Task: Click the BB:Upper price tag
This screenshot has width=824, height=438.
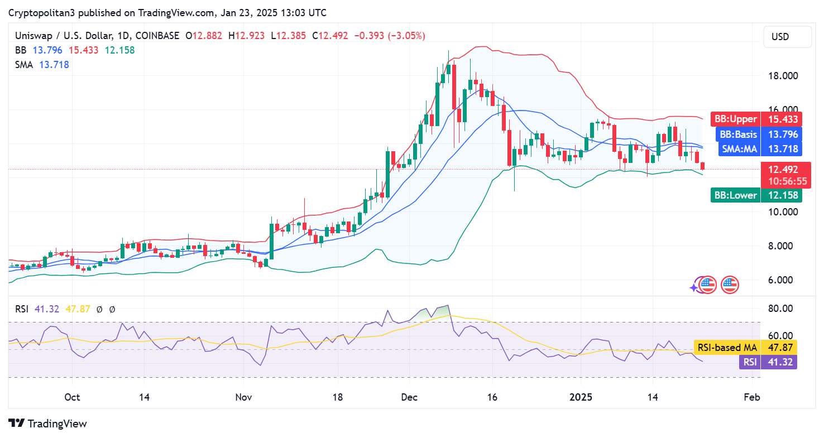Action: [x=756, y=119]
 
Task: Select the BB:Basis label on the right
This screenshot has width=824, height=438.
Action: [x=756, y=134]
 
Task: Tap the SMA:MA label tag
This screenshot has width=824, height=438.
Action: [x=756, y=148]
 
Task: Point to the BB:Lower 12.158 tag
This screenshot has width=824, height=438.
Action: [x=756, y=195]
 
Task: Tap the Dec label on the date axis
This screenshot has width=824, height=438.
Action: [x=409, y=397]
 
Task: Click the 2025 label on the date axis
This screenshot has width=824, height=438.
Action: [x=582, y=397]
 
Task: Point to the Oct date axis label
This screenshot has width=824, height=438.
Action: [x=72, y=397]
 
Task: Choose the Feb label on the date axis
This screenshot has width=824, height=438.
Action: [x=752, y=397]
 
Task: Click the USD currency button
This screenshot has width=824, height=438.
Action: [x=787, y=37]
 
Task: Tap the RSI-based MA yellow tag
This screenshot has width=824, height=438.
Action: [x=745, y=348]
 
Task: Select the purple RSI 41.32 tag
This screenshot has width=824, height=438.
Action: [x=768, y=362]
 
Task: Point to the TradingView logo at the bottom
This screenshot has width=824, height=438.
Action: [x=48, y=423]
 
